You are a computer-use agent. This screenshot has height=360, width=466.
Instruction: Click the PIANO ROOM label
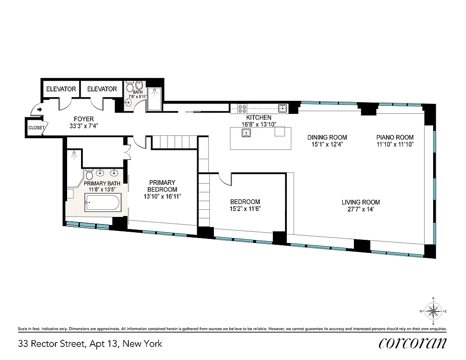[394, 137]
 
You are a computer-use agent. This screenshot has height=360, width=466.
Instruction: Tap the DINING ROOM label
[327, 137]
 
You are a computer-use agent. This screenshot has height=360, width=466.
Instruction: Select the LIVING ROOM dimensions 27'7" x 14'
[360, 210]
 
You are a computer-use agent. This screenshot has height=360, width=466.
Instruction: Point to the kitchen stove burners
[242, 108]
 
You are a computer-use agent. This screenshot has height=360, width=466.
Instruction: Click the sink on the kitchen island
[246, 132]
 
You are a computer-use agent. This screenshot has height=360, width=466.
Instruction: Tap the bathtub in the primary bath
[103, 203]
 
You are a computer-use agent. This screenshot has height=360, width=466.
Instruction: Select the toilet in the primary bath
[89, 174]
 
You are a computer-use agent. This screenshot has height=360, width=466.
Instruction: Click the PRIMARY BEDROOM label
[163, 186]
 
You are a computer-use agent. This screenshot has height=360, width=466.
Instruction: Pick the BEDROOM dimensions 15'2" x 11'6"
[245, 209]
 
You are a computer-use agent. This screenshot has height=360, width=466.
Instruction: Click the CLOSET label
[36, 128]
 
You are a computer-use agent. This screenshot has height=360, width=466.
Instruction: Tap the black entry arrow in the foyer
[40, 109]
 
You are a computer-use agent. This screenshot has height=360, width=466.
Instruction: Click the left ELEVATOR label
[61, 89]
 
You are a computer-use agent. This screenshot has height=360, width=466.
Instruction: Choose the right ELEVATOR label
[102, 89]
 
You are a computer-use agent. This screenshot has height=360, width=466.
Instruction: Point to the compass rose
[433, 311]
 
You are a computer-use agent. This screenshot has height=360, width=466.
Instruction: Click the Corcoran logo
[412, 343]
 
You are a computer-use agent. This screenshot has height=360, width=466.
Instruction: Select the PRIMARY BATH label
[102, 183]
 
